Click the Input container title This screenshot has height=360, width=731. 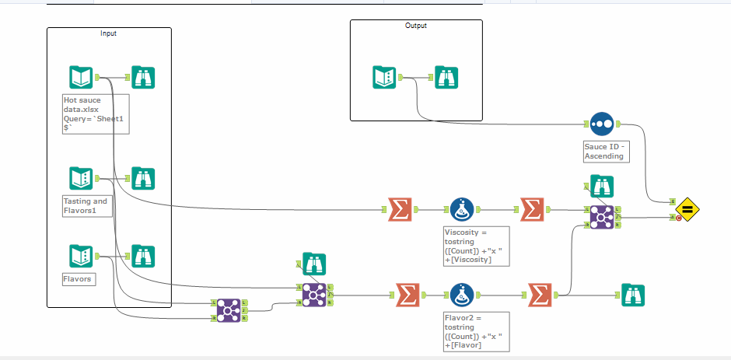(x=108, y=33)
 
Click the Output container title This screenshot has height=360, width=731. (x=416, y=26)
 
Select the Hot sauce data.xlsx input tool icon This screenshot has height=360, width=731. (x=81, y=77)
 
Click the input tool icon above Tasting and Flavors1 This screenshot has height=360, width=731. (x=81, y=178)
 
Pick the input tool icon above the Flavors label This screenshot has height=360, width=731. (x=81, y=256)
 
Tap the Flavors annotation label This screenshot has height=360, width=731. (x=79, y=278)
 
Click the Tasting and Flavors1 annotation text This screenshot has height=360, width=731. (x=86, y=205)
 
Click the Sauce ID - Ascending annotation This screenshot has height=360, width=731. (x=604, y=151)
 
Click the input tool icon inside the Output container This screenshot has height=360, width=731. (x=384, y=77)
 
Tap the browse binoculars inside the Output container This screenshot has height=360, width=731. (x=446, y=77)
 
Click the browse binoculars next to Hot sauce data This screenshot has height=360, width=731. (x=143, y=77)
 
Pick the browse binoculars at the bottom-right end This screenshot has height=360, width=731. (x=633, y=295)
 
